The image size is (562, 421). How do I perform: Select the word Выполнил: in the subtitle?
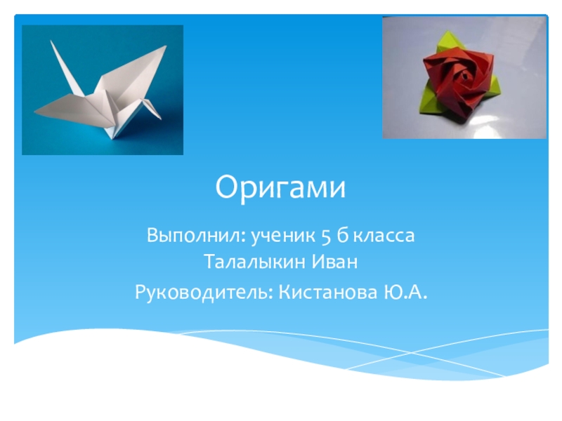click(196, 236)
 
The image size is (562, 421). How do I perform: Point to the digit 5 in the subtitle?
click(326, 236)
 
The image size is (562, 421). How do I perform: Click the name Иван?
click(334, 262)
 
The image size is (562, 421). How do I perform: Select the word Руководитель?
click(204, 293)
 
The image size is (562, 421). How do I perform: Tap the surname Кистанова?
click(328, 292)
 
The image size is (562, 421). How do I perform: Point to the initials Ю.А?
click(405, 292)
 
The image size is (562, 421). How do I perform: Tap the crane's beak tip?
click(162, 119)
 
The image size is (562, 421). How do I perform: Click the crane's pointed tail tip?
click(34, 112)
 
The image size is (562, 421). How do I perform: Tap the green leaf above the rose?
click(446, 42)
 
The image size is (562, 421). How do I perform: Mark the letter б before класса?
click(343, 236)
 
